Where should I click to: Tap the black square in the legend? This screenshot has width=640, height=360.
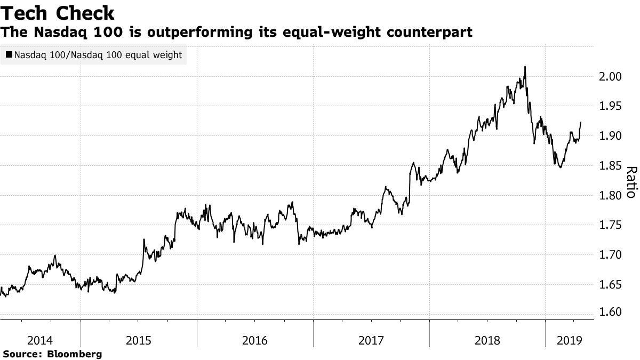(9, 55)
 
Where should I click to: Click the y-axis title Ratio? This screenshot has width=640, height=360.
(630, 182)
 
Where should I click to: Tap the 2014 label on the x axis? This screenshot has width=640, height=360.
(40, 340)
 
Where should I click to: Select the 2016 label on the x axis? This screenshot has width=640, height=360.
(255, 340)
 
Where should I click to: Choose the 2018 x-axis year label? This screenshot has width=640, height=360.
(487, 340)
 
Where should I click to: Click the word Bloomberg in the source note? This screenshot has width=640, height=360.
(75, 354)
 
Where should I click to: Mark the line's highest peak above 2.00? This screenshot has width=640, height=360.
(525, 67)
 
